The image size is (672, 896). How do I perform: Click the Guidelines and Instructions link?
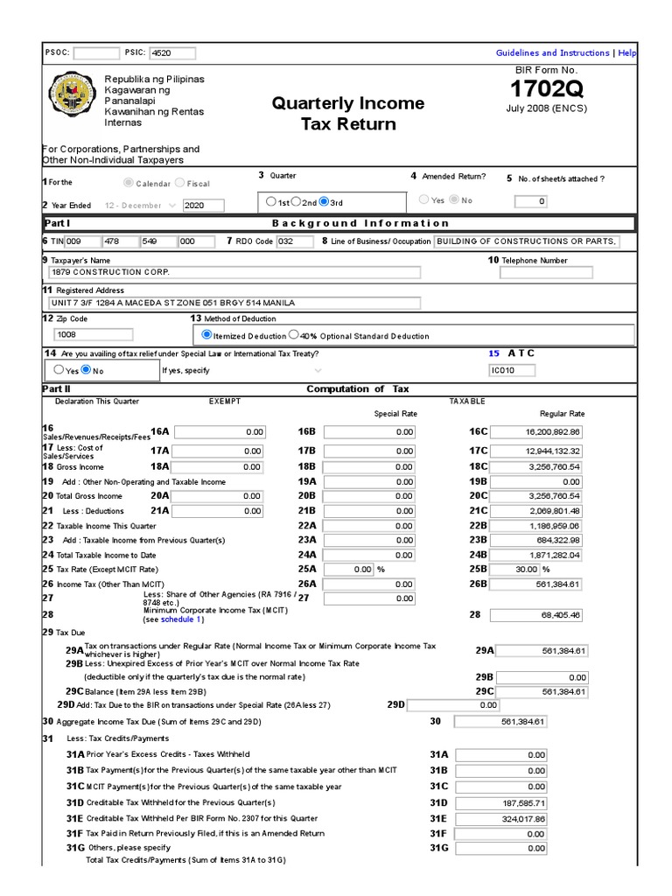pyautogui.click(x=552, y=53)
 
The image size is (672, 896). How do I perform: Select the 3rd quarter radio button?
pyautogui.click(x=325, y=201)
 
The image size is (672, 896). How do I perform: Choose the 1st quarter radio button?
pyautogui.click(x=272, y=201)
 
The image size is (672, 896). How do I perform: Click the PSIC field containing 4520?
pyautogui.click(x=172, y=53)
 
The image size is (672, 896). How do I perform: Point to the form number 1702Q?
pyautogui.click(x=546, y=89)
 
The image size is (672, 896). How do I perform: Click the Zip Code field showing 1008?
pyautogui.click(x=94, y=333)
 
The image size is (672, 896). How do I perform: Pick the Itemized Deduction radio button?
pyautogui.click(x=206, y=334)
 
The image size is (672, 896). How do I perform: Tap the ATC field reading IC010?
pyautogui.click(x=512, y=370)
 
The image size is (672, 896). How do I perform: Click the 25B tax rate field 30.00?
pyautogui.click(x=538, y=569)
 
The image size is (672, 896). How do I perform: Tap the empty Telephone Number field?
pyautogui.click(x=546, y=272)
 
